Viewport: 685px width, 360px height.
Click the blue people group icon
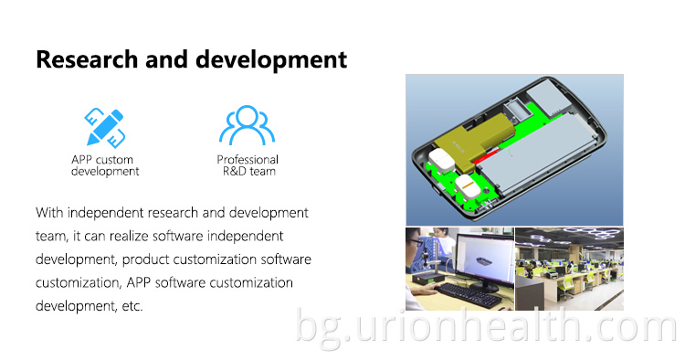(247, 126)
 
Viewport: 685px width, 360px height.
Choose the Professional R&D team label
(247, 165)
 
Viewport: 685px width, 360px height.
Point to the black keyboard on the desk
(465, 290)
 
